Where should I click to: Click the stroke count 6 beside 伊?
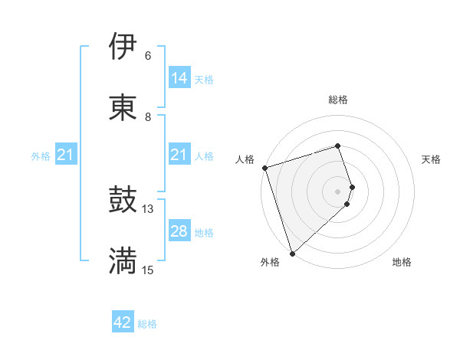pos(148,56)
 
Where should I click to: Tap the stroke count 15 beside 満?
pos(148,270)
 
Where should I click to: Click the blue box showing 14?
pos(179,78)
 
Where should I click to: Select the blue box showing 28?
pos(179,231)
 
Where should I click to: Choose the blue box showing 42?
pos(123,322)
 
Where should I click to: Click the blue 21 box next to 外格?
pos(66,155)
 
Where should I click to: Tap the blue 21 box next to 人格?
pos(179,155)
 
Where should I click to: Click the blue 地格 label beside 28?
pos(204,232)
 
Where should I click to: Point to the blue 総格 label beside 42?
pos(147,324)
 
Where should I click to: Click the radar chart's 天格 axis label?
pos(431,159)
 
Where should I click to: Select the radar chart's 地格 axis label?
pos(402,262)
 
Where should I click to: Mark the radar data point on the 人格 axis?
pos(264,168)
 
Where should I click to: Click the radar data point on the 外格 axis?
pos(292,253)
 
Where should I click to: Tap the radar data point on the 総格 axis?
pos(338,146)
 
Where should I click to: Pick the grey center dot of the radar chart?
pos(338,191)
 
